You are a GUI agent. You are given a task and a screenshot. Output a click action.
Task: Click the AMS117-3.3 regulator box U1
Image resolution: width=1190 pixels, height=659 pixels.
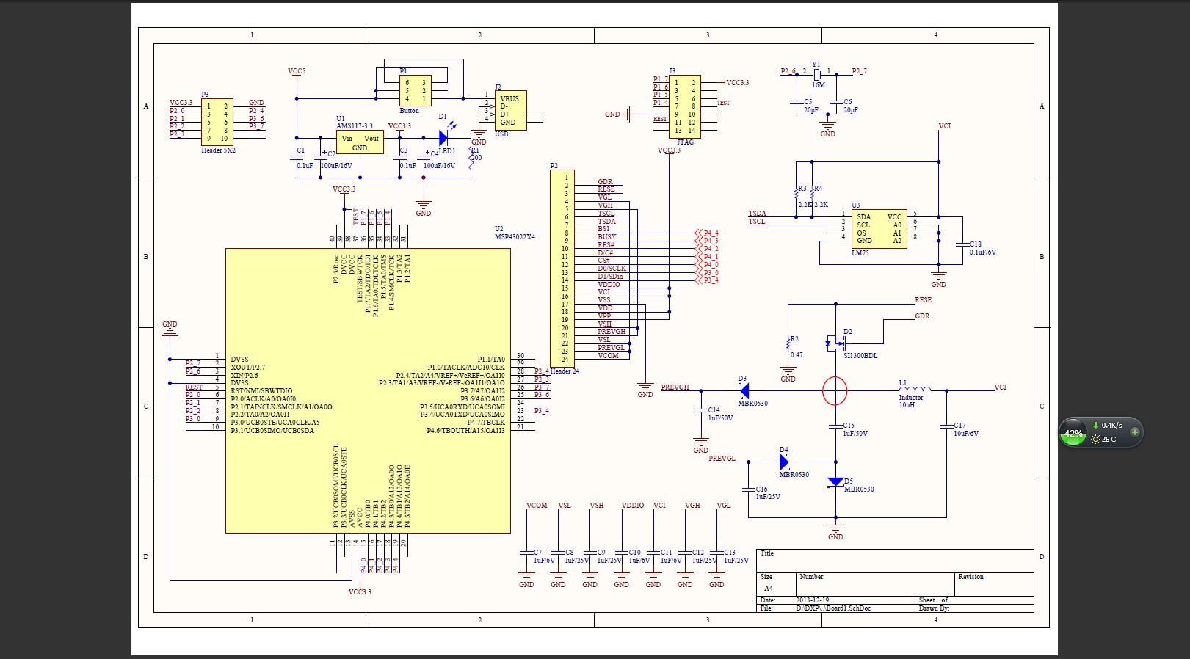click(360, 142)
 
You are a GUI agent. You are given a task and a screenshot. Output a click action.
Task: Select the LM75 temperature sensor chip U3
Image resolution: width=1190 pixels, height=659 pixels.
click(879, 228)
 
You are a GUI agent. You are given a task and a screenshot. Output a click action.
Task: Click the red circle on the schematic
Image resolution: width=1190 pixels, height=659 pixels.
click(835, 391)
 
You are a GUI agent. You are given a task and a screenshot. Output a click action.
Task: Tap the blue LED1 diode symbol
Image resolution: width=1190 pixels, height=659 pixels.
click(443, 137)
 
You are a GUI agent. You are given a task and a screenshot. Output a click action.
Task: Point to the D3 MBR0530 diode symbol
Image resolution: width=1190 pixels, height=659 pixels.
click(744, 391)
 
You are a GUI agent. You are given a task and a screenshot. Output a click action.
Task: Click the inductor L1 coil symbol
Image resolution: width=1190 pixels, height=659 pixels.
click(915, 389)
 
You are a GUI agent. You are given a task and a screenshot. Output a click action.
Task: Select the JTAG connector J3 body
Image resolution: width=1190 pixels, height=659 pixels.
click(684, 106)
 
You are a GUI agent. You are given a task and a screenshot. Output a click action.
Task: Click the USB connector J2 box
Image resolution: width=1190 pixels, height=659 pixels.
click(510, 110)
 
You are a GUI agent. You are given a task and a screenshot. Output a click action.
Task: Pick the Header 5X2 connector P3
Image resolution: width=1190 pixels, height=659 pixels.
click(217, 122)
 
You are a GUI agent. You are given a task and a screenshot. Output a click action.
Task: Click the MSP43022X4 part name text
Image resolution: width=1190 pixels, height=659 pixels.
click(515, 237)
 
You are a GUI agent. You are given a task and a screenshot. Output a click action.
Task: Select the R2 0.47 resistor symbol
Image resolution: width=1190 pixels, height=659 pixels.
click(788, 343)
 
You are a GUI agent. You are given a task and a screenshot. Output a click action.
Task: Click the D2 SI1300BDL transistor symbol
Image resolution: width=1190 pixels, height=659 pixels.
click(835, 342)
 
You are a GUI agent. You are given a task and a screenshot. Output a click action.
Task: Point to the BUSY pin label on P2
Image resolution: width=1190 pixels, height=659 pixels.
click(606, 237)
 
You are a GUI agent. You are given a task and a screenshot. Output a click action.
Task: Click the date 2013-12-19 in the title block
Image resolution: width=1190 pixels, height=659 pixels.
click(812, 600)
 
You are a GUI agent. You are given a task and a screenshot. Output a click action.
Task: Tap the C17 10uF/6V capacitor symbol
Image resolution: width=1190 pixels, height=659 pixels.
click(946, 426)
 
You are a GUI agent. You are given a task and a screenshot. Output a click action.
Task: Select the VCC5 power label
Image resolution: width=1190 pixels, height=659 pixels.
click(297, 71)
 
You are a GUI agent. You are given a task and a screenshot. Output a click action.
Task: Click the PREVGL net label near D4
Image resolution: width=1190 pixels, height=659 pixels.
click(722, 458)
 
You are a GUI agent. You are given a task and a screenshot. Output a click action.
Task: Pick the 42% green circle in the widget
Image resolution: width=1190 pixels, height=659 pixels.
click(1073, 433)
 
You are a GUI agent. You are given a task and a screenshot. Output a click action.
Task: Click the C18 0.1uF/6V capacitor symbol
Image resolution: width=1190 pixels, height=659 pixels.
click(962, 244)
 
